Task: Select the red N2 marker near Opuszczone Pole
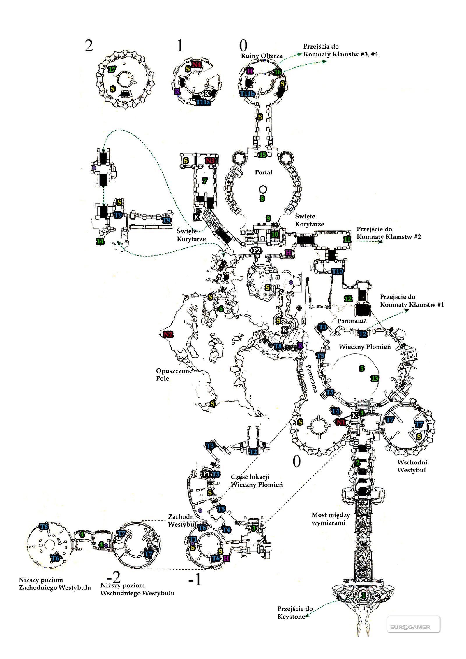click(168, 334)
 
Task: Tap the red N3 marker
click(210, 161)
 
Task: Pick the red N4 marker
click(197, 65)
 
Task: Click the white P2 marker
click(257, 250)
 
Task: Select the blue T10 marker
click(338, 271)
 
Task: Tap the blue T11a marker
click(203, 102)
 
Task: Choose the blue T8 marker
click(278, 346)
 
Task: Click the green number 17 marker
click(112, 69)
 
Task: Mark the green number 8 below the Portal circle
click(262, 199)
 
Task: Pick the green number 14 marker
click(100, 241)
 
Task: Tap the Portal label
click(264, 172)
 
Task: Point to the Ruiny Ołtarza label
click(262, 56)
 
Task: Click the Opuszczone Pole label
click(174, 375)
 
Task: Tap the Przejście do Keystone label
click(295, 613)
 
